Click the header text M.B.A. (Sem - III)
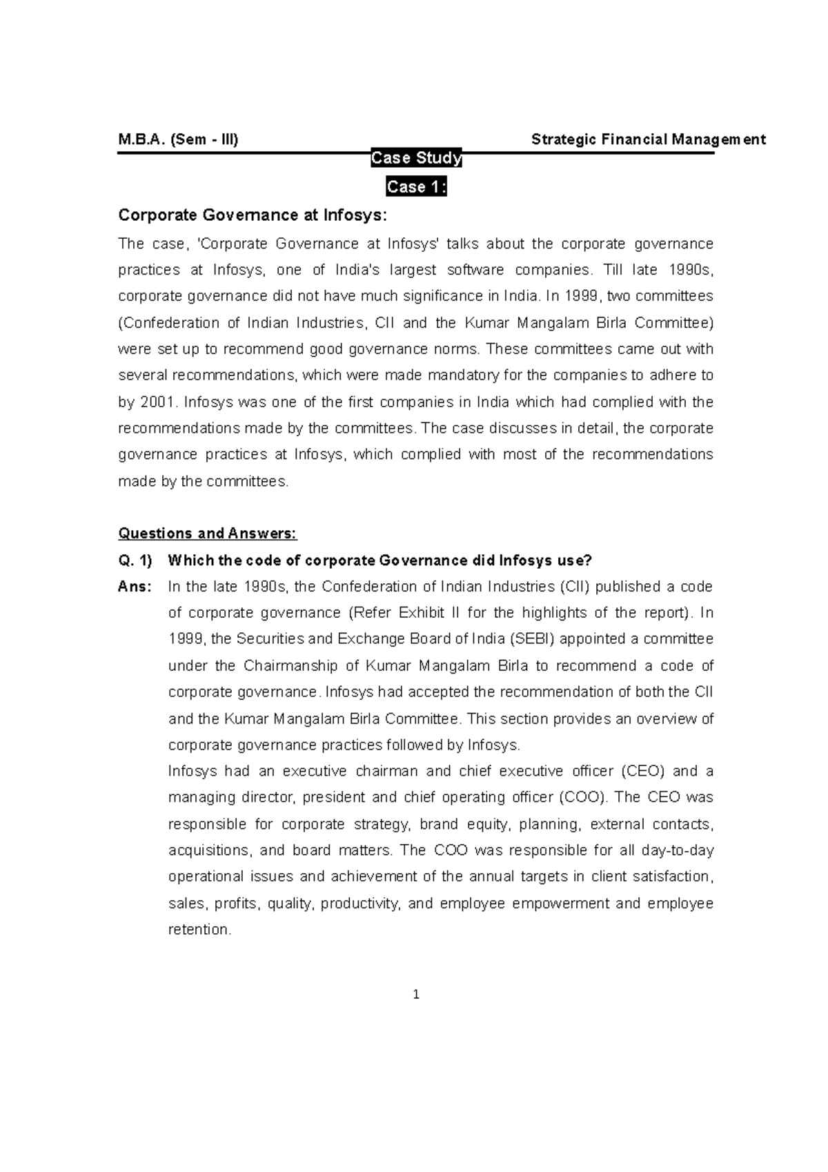coord(178,139)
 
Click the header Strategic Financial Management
coord(648,139)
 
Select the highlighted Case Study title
coord(416,159)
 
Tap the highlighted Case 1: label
coord(416,187)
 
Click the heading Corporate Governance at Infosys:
coord(253,215)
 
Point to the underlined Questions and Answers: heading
coord(208,534)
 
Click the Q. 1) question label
coord(135,560)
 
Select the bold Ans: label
coord(135,587)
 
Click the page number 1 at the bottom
coord(415,995)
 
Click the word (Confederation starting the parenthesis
coord(168,323)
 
